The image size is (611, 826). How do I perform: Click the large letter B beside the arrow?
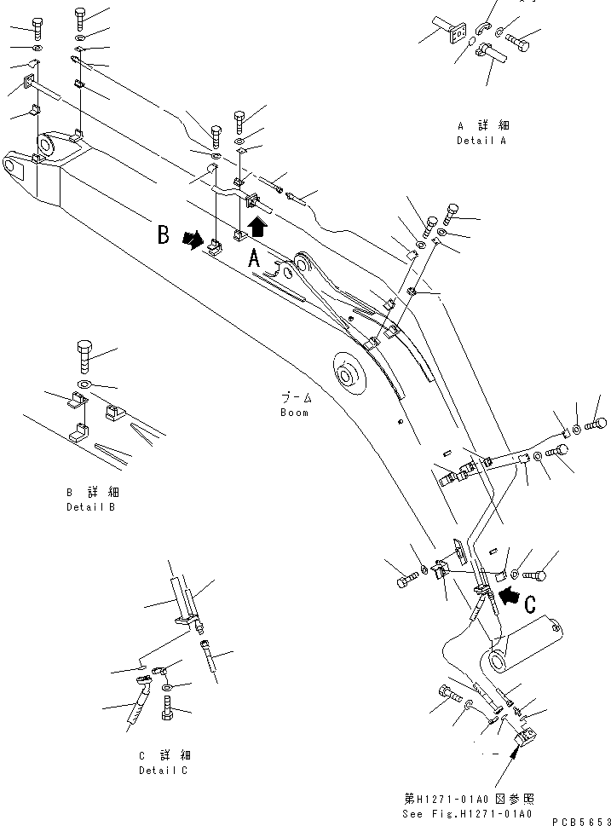pos(163,235)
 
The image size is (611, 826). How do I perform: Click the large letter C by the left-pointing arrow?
pos(528,604)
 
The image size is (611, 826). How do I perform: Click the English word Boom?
pos(295,413)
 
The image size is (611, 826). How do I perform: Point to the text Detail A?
pos(481,141)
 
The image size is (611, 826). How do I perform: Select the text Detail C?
pos(164,771)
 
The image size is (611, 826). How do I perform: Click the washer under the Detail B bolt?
pos(83,386)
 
